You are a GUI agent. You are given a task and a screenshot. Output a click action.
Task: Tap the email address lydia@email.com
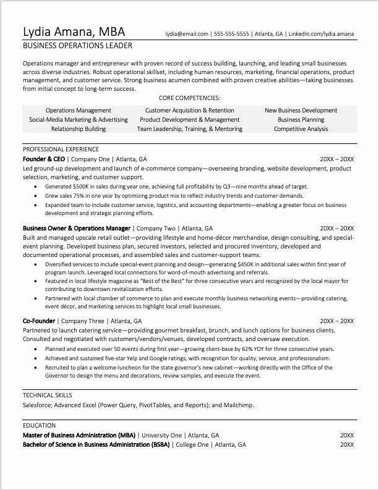pyautogui.click(x=187, y=34)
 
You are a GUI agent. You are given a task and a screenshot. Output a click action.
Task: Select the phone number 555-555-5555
pyautogui.click(x=231, y=34)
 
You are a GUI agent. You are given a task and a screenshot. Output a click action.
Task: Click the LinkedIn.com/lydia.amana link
pyautogui.click(x=322, y=34)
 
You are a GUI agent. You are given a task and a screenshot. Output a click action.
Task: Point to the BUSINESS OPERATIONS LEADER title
pyautogui.click(x=77, y=46)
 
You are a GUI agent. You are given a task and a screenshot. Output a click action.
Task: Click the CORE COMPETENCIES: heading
pyautogui.click(x=190, y=98)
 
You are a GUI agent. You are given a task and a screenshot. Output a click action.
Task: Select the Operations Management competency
pyautogui.click(x=79, y=111)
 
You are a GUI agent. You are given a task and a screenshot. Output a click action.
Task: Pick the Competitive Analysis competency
pyautogui.click(x=301, y=129)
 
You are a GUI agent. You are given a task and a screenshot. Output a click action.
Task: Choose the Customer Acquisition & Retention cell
pyautogui.click(x=189, y=111)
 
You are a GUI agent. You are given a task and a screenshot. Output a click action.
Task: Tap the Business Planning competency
pyautogui.click(x=301, y=120)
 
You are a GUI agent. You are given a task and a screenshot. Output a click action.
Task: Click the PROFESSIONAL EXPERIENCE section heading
pyautogui.click(x=61, y=150)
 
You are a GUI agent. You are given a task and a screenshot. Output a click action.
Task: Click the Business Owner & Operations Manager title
pyautogui.click(x=77, y=227)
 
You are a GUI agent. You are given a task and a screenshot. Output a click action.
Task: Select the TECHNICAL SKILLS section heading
pyautogui.click(x=48, y=395)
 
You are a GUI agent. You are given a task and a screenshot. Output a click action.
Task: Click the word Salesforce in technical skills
pyautogui.click(x=37, y=405)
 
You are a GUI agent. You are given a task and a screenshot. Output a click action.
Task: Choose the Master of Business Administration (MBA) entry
pyautogui.click(x=79, y=435)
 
